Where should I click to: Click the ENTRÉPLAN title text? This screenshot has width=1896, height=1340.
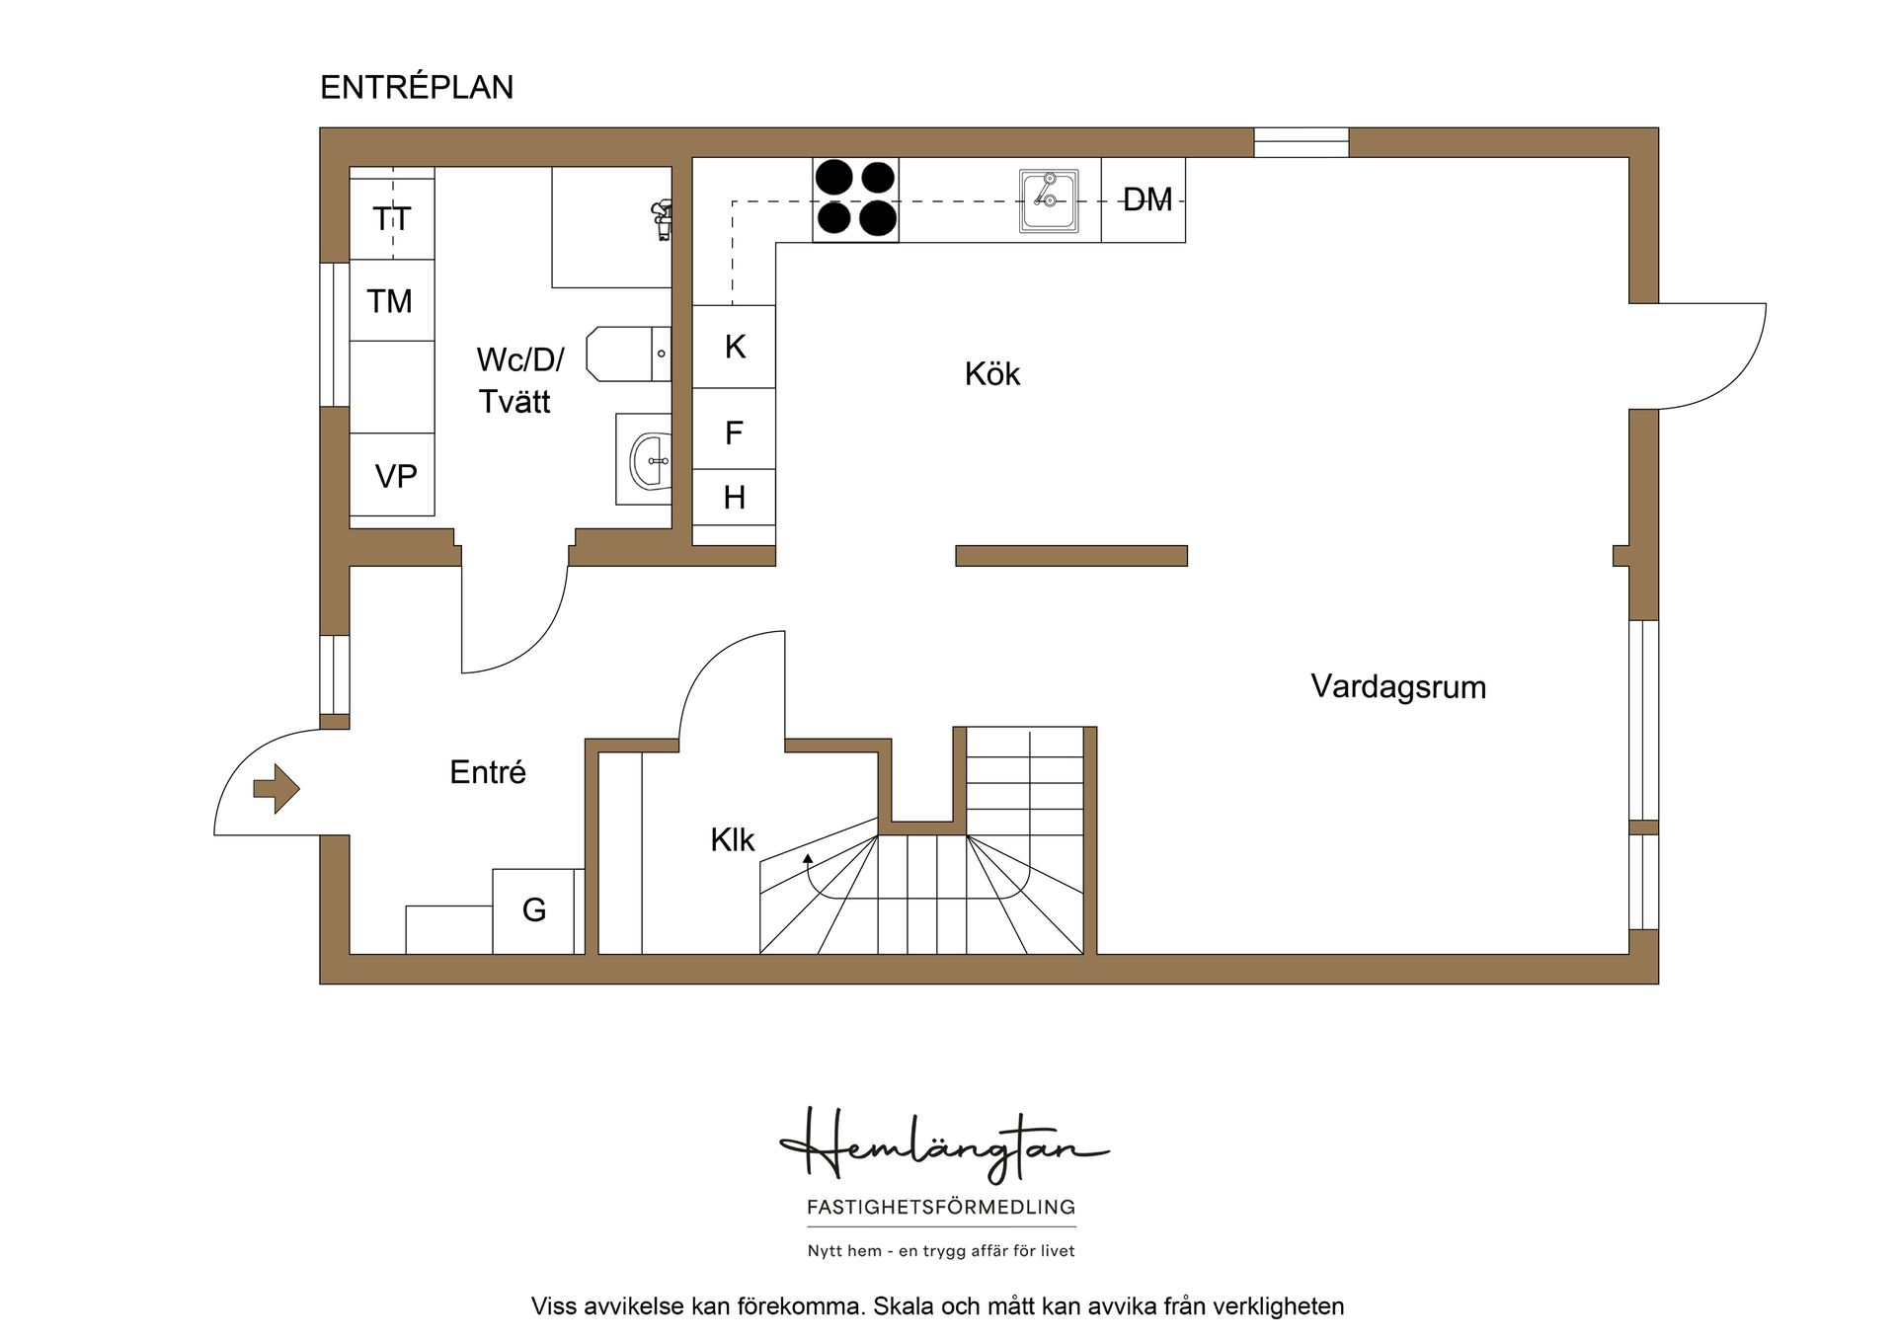pyautogui.click(x=416, y=88)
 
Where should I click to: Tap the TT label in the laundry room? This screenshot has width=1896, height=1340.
pyautogui.click(x=391, y=218)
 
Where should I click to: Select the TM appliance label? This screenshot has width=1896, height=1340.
pyautogui.click(x=389, y=301)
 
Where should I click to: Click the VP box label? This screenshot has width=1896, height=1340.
pyautogui.click(x=395, y=477)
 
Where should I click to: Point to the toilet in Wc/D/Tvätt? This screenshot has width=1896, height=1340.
pyautogui.click(x=626, y=354)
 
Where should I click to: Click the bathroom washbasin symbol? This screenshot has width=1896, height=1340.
pyautogui.click(x=648, y=460)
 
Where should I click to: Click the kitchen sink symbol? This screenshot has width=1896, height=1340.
pyautogui.click(x=1048, y=200)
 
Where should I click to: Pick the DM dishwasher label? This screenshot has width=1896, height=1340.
pyautogui.click(x=1146, y=200)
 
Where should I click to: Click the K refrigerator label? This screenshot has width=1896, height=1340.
pyautogui.click(x=735, y=347)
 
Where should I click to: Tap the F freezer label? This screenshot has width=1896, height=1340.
pyautogui.click(x=734, y=433)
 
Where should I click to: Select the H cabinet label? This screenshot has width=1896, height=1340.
pyautogui.click(x=734, y=498)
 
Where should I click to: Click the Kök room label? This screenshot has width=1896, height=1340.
pyautogui.click(x=991, y=374)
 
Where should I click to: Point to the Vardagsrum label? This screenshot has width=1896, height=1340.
pyautogui.click(x=1397, y=687)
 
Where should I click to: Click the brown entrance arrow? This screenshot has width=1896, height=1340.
pyautogui.click(x=276, y=788)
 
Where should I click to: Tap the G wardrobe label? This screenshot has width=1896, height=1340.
pyautogui.click(x=534, y=909)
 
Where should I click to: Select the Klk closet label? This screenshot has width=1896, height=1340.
pyautogui.click(x=732, y=840)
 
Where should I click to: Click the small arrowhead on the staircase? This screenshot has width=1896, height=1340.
pyautogui.click(x=808, y=858)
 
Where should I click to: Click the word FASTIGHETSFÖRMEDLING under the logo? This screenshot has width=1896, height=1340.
pyautogui.click(x=941, y=1207)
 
